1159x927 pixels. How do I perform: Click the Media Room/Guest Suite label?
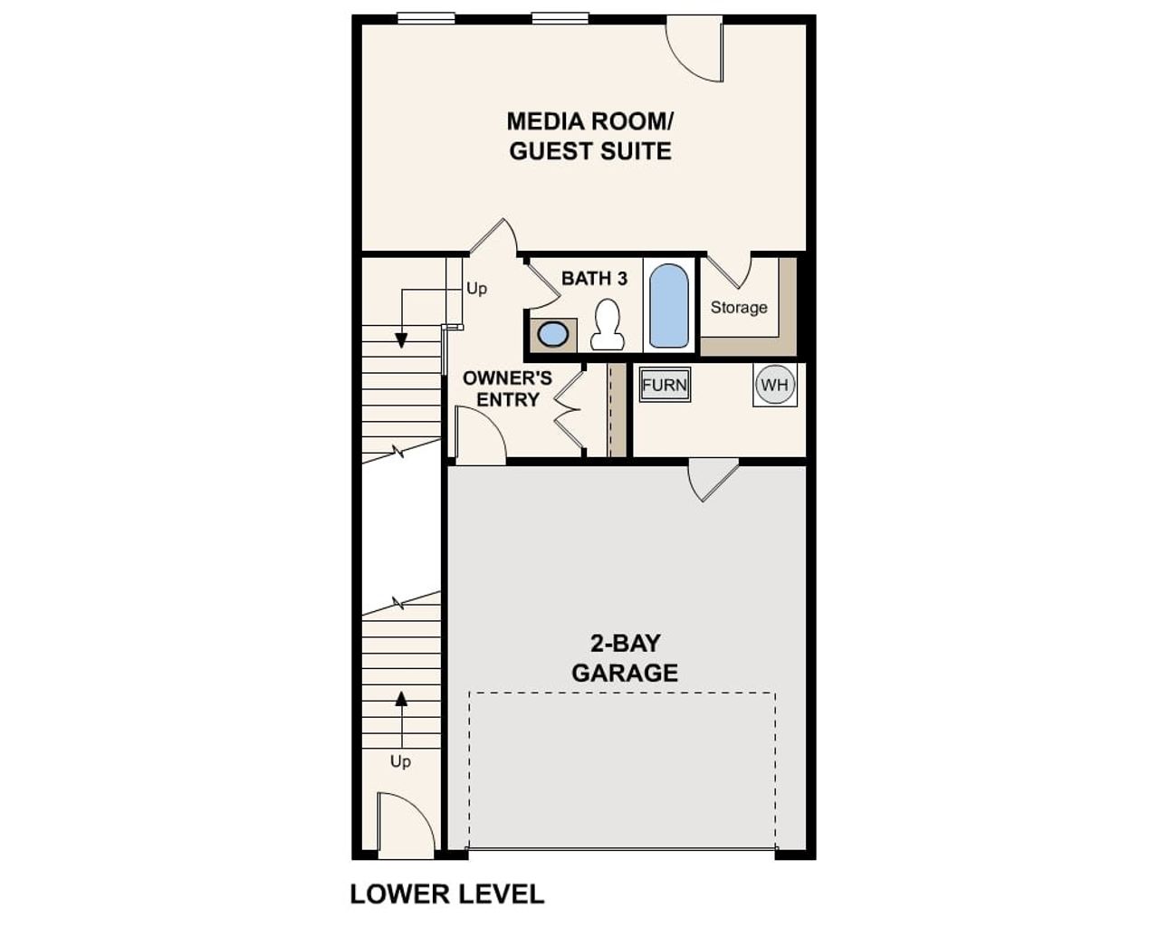click(x=589, y=136)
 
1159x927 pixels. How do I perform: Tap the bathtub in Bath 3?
click(x=669, y=306)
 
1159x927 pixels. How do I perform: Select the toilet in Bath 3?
click(x=607, y=325)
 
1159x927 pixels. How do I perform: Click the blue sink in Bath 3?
click(x=552, y=334)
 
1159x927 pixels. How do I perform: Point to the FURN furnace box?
click(x=665, y=385)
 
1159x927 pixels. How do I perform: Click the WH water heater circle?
click(x=775, y=385)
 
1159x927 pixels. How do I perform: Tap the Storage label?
click(x=739, y=308)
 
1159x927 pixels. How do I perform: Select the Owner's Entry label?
click(x=507, y=388)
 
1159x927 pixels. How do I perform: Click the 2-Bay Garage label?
click(x=625, y=658)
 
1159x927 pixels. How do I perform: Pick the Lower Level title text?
click(x=447, y=894)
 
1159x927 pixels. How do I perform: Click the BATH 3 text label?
click(x=594, y=278)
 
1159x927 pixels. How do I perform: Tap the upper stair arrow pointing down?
click(x=401, y=339)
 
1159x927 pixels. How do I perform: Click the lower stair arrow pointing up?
click(x=401, y=699)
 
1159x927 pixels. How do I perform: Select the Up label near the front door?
click(x=400, y=761)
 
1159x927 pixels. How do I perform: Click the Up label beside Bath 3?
click(x=476, y=289)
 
